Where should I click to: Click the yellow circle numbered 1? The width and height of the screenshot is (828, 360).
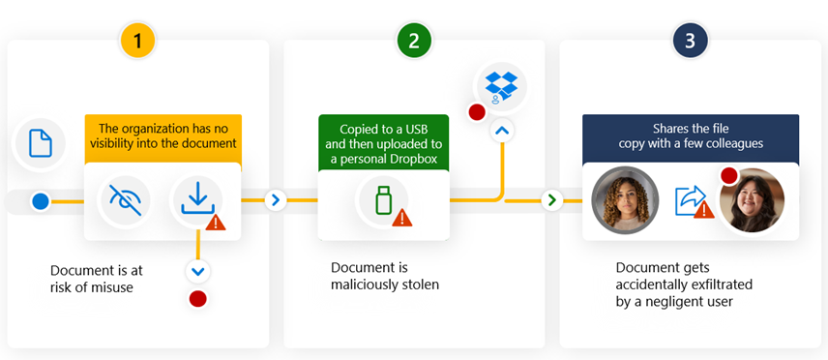(x=137, y=40)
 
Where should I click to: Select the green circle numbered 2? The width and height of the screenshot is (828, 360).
(x=414, y=40)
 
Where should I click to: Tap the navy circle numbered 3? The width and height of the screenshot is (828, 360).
(x=691, y=40)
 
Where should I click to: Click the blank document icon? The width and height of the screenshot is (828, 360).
(x=40, y=143)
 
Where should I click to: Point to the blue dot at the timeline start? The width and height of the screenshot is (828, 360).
(x=40, y=201)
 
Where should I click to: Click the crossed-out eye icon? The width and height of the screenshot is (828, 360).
(x=126, y=199)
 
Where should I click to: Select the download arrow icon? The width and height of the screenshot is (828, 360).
(x=196, y=199)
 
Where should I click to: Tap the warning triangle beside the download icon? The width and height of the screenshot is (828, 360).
(x=216, y=222)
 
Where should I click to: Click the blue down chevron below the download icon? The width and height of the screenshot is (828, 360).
(x=197, y=271)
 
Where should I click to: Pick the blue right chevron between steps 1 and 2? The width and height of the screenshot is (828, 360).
(x=275, y=200)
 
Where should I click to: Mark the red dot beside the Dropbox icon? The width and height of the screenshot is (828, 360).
(x=476, y=112)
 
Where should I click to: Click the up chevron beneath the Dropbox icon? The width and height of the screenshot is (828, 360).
(x=501, y=130)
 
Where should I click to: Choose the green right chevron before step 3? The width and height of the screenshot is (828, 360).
(x=551, y=200)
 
